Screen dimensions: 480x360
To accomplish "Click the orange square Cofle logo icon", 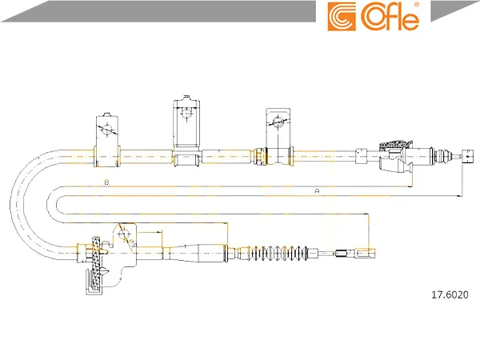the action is coord(342,17).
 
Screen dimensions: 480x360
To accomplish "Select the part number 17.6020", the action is coord(450,294).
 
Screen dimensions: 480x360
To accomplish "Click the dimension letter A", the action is coord(317,191).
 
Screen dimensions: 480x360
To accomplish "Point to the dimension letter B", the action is coord(106,182).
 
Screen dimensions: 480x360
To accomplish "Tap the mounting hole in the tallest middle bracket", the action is coord(186,112).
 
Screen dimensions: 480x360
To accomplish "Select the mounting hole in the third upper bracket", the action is coord(278,121).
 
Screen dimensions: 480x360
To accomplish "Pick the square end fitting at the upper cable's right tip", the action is coord(467,156).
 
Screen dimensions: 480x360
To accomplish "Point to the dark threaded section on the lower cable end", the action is coord(341,254).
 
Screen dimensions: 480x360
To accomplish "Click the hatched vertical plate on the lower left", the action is coord(97,263).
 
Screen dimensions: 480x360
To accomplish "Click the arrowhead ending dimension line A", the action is coord(459,195).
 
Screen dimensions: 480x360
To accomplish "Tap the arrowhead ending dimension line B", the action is coord(410,186).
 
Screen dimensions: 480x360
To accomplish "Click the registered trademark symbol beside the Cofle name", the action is coord(417,5).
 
